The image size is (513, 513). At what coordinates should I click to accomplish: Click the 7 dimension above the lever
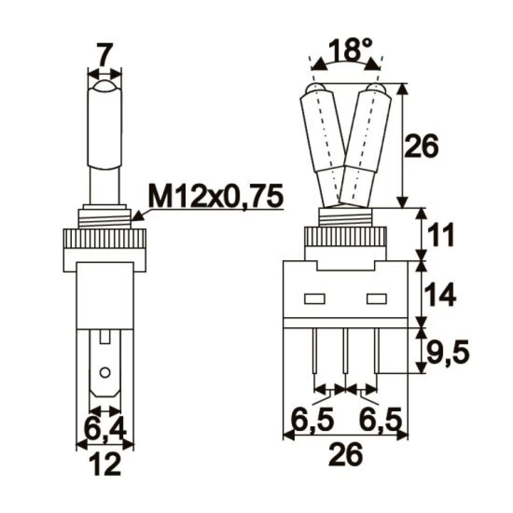[x=105, y=56]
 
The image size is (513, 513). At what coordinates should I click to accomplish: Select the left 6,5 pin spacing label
[x=313, y=420]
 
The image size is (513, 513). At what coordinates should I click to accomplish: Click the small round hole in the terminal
[x=105, y=371]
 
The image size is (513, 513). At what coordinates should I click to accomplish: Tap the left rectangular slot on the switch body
[x=314, y=298]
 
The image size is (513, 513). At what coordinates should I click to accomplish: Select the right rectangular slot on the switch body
[x=376, y=298]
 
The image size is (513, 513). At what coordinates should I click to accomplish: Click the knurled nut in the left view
[x=105, y=239]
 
